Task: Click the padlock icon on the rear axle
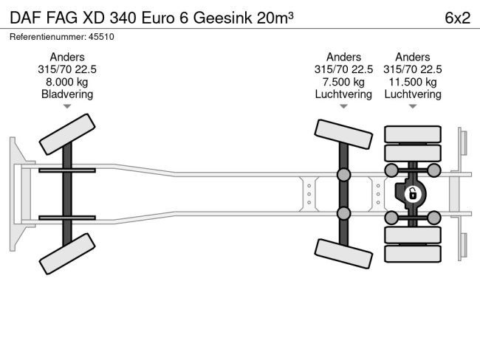point(414,195)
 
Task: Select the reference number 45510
point(99,37)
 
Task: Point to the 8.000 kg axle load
point(67,82)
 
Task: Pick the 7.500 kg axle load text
point(343,82)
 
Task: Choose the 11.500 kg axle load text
point(413,82)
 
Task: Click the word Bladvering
point(67,94)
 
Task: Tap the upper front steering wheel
point(67,134)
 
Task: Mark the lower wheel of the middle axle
point(343,252)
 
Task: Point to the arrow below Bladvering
point(67,107)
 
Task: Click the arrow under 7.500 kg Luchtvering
point(343,107)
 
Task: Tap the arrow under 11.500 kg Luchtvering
point(413,107)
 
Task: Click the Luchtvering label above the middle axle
point(343,94)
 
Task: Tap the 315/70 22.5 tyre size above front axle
point(67,69)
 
